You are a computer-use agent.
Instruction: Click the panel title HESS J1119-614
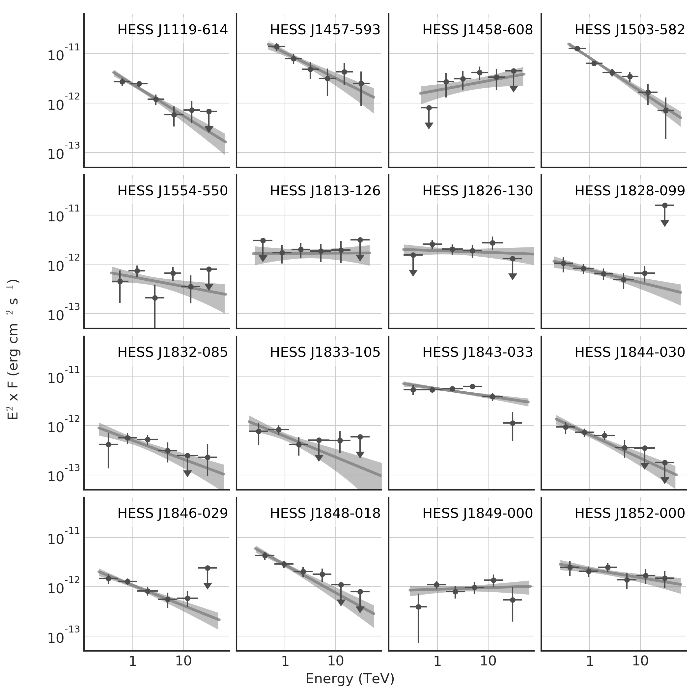tap(173, 30)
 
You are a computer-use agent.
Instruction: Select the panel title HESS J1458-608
tap(478, 30)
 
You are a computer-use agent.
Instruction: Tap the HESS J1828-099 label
tap(630, 191)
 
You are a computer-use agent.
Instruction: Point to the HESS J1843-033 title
tap(478, 352)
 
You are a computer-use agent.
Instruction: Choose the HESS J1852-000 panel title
tap(630, 514)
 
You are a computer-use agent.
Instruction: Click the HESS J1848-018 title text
tap(325, 514)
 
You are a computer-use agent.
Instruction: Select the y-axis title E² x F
tap(14, 350)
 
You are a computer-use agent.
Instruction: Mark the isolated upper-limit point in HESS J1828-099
tap(664, 206)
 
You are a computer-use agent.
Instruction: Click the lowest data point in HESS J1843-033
tap(512, 423)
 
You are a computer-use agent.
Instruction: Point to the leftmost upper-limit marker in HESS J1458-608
tap(429, 108)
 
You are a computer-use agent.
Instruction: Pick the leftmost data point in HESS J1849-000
tap(418, 606)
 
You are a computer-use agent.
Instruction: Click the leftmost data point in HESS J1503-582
tap(577, 48)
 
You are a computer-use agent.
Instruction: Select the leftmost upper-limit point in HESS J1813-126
tap(263, 240)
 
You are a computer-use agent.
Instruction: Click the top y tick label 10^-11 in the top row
tap(62, 55)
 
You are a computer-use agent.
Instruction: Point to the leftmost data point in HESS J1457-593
tap(277, 46)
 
